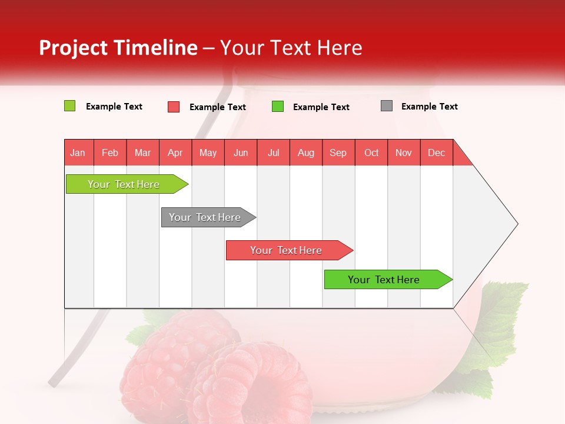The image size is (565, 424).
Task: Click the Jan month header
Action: coord(78,153)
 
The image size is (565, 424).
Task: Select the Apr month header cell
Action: coord(175,153)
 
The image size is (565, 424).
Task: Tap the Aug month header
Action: coord(306,153)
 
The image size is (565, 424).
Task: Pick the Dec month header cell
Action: coord(436,153)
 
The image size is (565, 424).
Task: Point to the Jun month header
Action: coord(241,153)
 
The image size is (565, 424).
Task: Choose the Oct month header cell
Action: coord(371,153)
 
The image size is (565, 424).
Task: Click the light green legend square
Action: coord(69,106)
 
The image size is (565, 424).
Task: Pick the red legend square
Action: coord(174,107)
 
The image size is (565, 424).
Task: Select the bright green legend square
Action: coord(278,107)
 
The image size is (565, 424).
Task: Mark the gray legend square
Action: coord(386,106)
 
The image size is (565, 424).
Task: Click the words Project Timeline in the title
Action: coord(118,48)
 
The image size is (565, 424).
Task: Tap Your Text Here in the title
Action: coord(291,48)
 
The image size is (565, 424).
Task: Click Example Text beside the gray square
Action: coord(429,107)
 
